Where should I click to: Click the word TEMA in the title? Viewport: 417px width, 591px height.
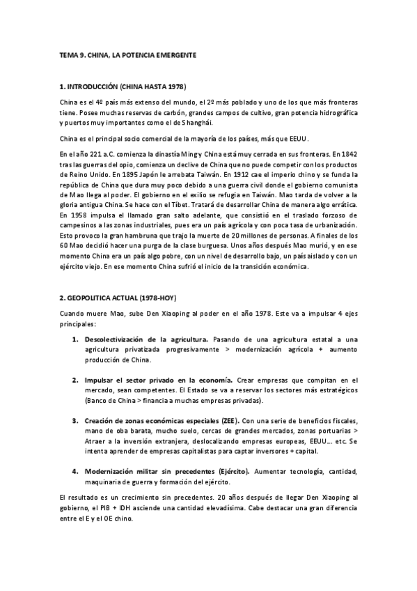(68, 54)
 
